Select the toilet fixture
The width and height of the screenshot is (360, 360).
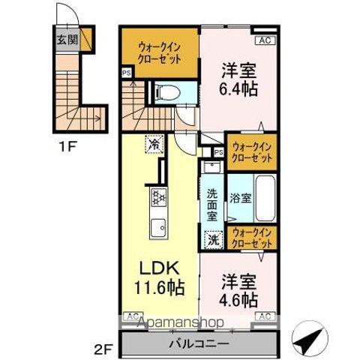(164, 92)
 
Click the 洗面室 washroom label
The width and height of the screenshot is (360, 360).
(212, 202)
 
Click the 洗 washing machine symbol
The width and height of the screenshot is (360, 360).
(214, 241)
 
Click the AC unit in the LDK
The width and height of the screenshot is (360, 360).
(132, 316)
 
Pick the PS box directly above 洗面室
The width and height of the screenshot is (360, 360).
(218, 152)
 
